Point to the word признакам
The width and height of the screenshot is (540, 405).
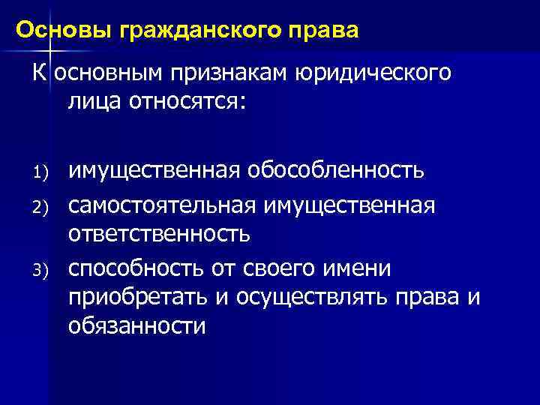[x=229, y=74]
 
